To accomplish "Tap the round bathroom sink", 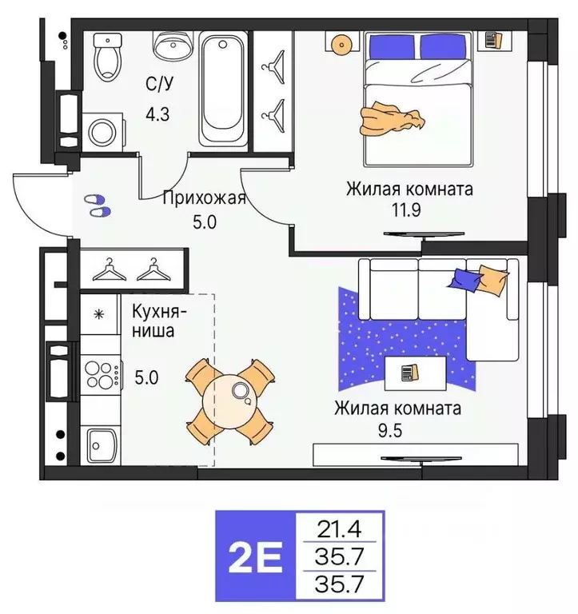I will (x=169, y=46).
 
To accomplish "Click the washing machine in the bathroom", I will (x=102, y=131).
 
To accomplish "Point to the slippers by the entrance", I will (x=97, y=205).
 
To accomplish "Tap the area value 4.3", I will (x=157, y=114).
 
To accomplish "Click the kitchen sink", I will (x=101, y=442).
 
